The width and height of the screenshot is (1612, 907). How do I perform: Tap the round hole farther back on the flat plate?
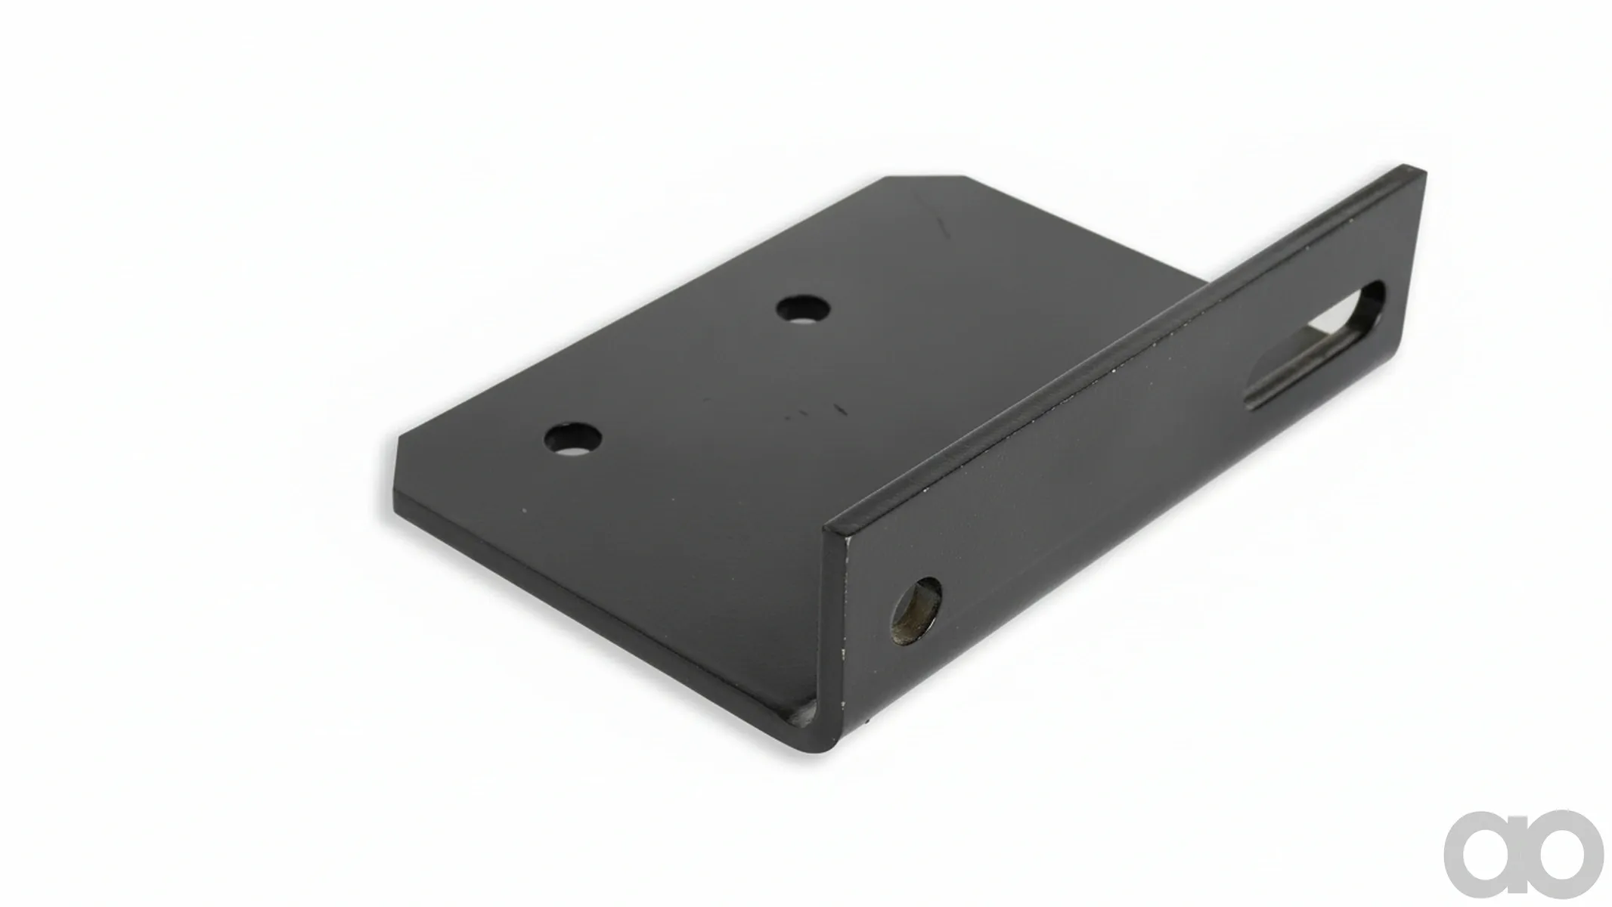tap(803, 308)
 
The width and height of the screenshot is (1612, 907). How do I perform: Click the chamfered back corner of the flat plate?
tap(926, 178)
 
